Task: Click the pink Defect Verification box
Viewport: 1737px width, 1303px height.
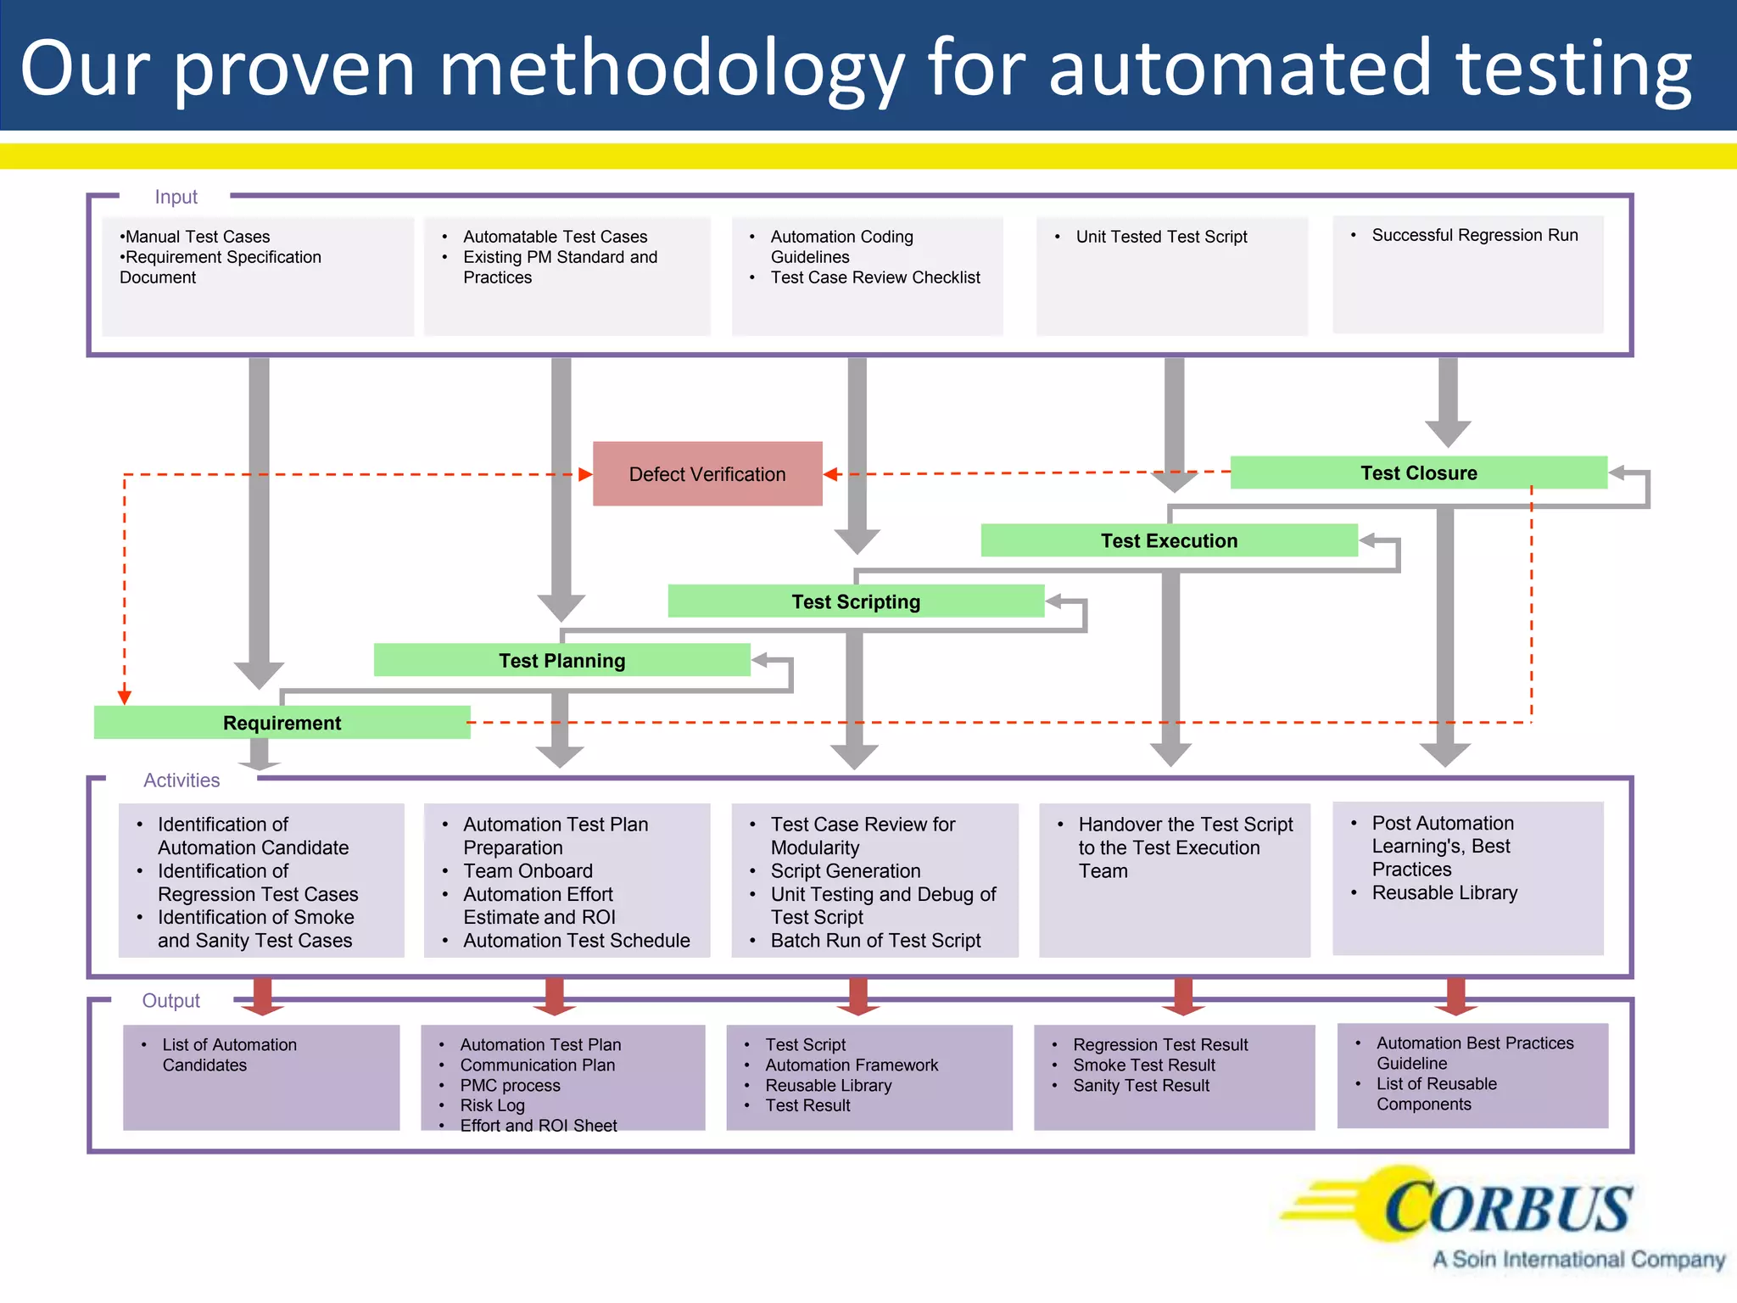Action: click(x=707, y=473)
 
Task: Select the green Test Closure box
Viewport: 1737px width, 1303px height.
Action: click(x=1418, y=473)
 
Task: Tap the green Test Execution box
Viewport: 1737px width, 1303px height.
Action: click(x=1169, y=540)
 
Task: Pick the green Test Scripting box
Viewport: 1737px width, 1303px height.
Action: click(x=855, y=601)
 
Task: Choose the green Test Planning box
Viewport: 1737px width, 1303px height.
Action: click(x=561, y=660)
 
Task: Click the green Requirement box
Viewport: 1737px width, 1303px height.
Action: click(x=282, y=723)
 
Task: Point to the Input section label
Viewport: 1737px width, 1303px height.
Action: click(x=176, y=197)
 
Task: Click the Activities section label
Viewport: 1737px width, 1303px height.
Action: click(x=182, y=780)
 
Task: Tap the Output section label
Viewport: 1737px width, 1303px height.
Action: click(x=170, y=1001)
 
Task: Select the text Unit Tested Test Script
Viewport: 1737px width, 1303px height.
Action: click(x=1161, y=237)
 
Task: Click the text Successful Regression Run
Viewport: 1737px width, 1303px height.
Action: click(x=1474, y=235)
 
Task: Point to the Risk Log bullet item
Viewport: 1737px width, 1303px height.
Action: click(x=492, y=1105)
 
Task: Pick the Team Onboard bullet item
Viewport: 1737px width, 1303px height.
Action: click(x=528, y=871)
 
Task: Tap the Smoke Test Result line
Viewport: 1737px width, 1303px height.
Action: click(x=1143, y=1065)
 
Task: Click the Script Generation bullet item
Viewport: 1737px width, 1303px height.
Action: click(x=845, y=871)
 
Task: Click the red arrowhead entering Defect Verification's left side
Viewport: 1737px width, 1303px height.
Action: click(x=584, y=474)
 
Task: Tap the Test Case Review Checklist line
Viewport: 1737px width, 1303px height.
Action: click(x=874, y=277)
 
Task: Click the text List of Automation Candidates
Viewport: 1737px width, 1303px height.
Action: click(x=229, y=1054)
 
